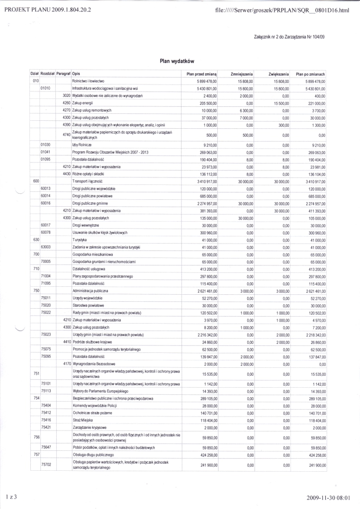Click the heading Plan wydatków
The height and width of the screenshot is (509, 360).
click(176, 61)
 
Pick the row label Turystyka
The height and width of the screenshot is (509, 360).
click(81, 240)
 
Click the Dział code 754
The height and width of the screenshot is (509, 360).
click(36, 399)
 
